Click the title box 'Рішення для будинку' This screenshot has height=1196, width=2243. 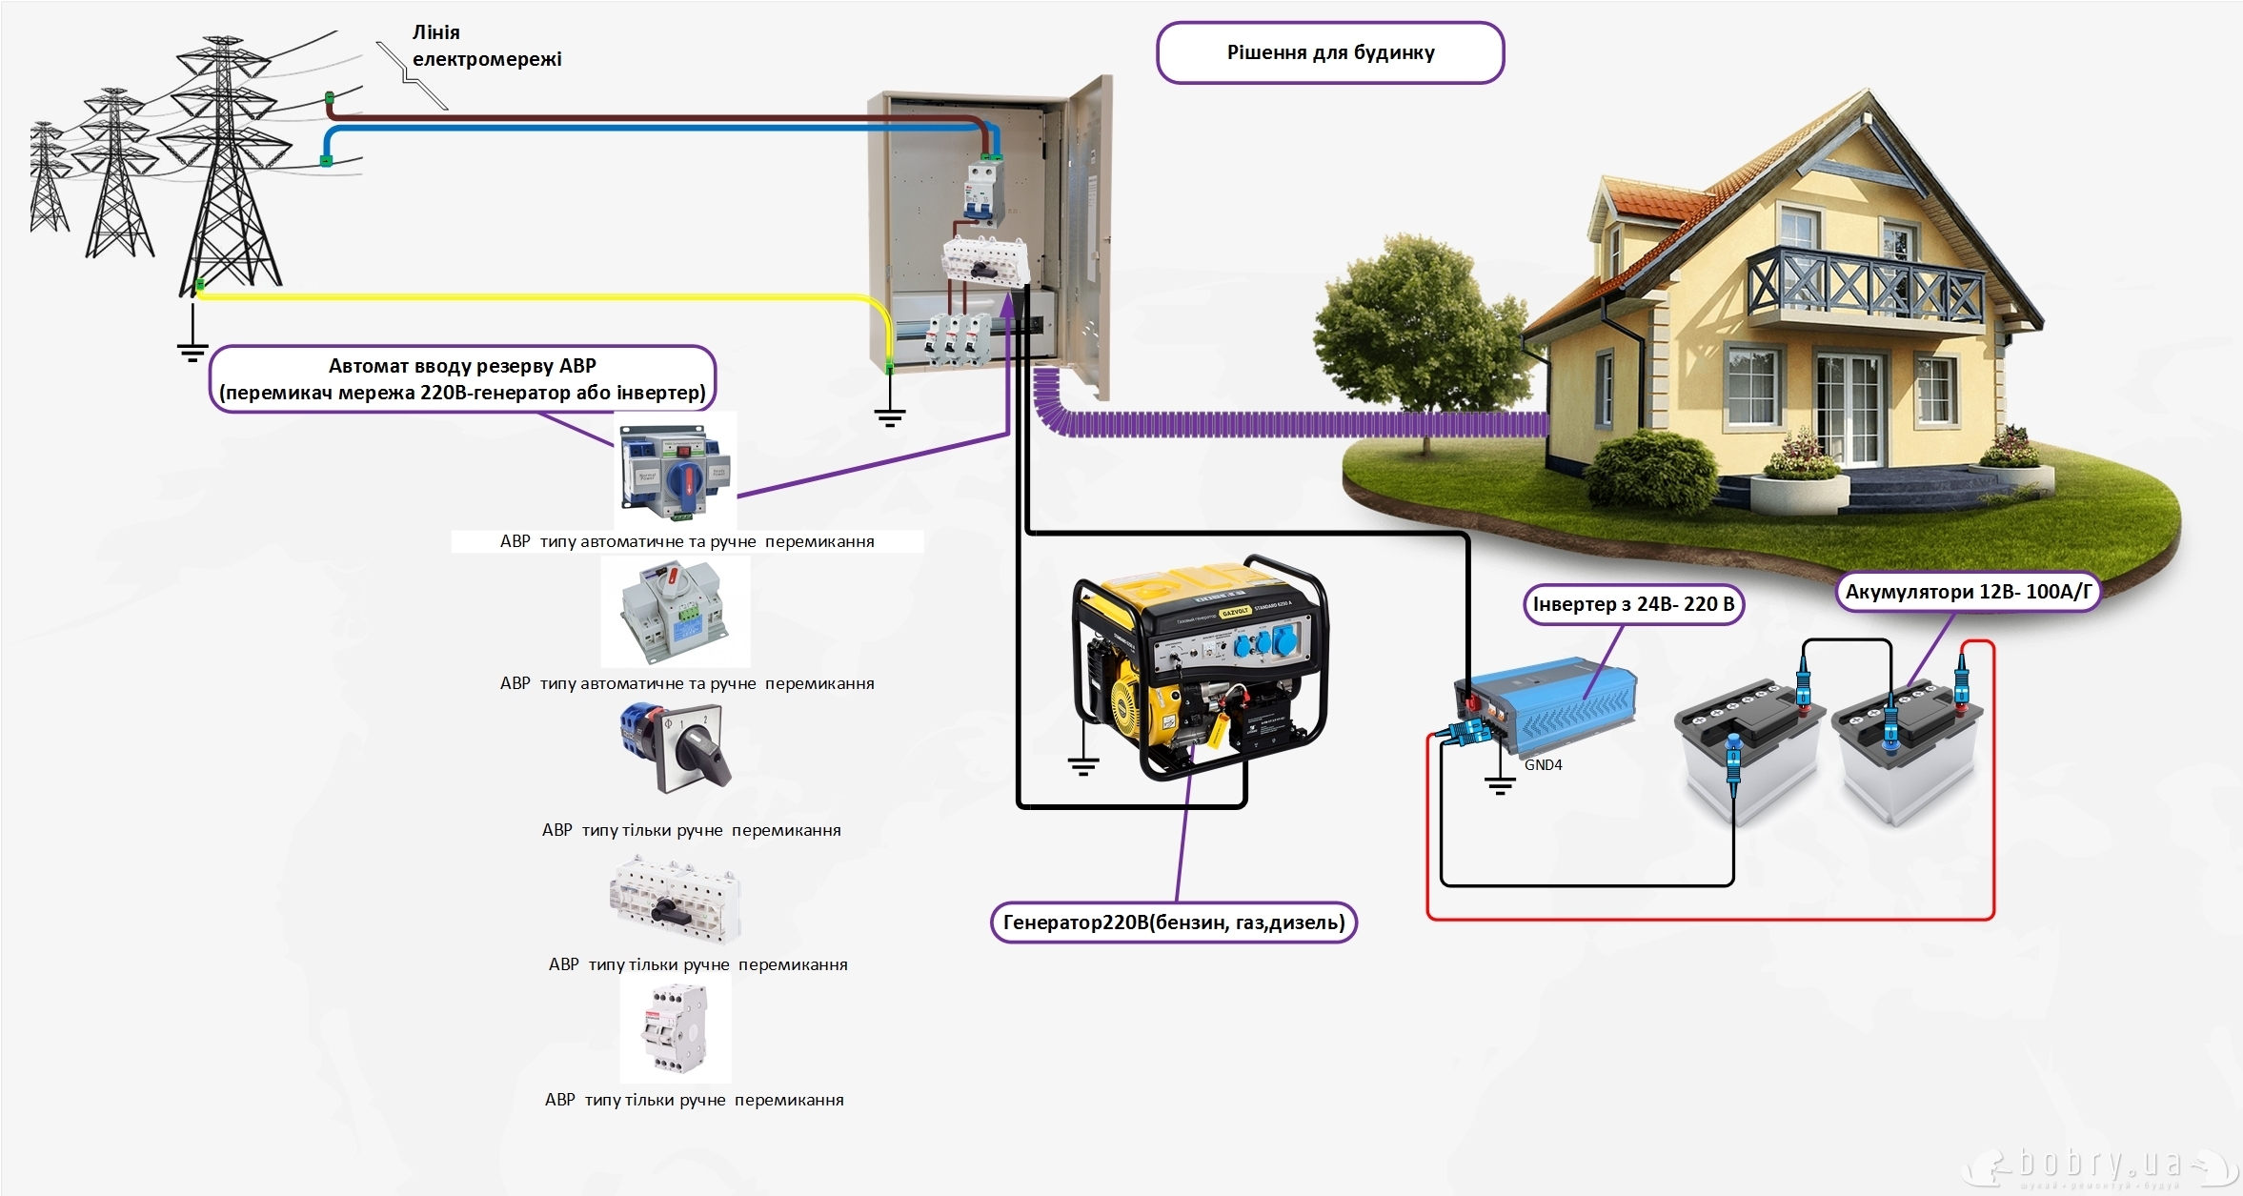[x=1330, y=53]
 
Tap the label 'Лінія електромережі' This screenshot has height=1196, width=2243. [x=486, y=46]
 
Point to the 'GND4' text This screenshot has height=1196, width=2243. [x=1543, y=765]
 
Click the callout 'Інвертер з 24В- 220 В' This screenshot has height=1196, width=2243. [x=1633, y=605]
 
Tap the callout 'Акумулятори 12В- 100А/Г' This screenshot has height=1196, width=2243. [x=1968, y=592]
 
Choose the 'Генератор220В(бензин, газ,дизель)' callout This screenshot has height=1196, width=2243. [x=1174, y=922]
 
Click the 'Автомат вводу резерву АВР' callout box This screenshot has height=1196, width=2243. [x=462, y=379]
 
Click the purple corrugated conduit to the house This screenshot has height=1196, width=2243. [x=1296, y=424]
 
